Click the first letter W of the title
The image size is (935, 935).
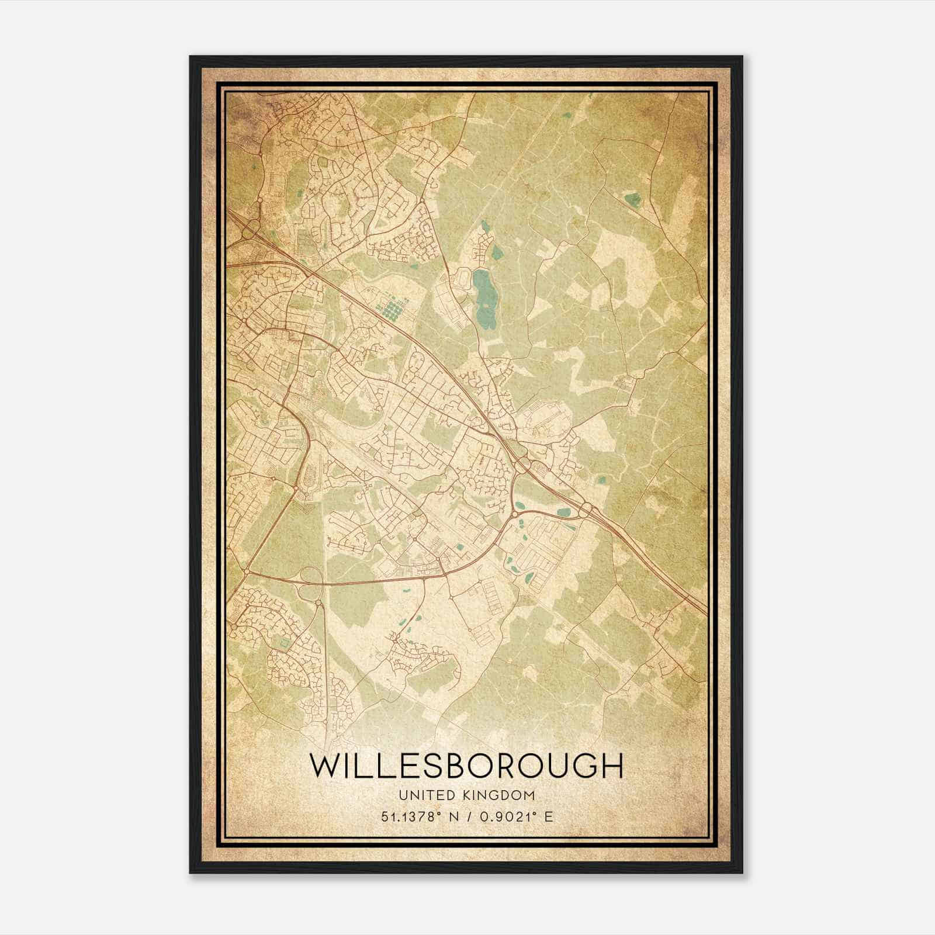pyautogui.click(x=325, y=766)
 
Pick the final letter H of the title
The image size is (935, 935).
pyautogui.click(x=612, y=766)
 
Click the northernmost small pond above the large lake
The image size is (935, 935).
pyautogui.click(x=484, y=226)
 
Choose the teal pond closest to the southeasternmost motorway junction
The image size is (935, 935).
pyautogui.click(x=564, y=513)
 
